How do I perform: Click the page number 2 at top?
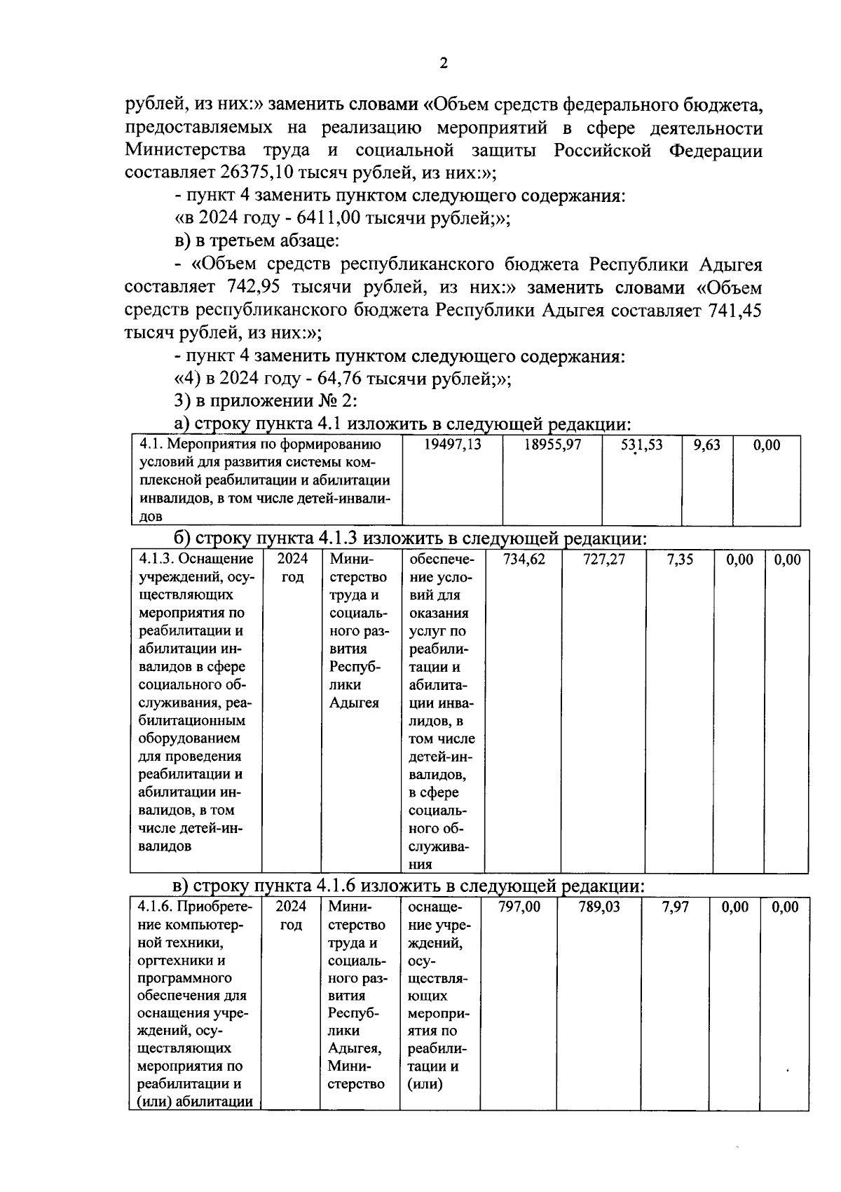442,64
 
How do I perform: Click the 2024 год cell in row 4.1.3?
292,568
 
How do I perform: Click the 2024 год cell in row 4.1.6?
291,916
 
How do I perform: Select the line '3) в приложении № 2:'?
266,401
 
